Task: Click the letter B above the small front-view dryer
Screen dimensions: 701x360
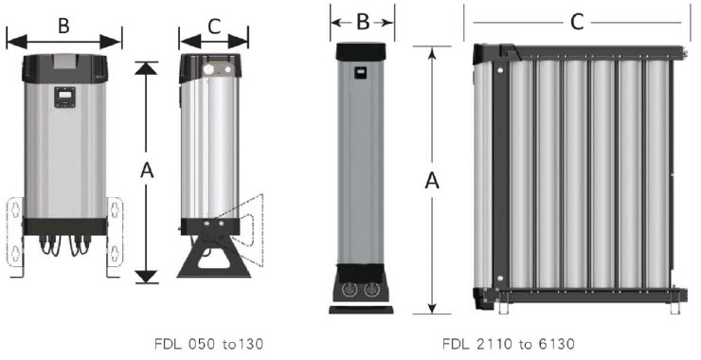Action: pos(63,26)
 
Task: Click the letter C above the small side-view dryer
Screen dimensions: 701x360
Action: pos(215,27)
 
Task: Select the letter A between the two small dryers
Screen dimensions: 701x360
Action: pos(147,170)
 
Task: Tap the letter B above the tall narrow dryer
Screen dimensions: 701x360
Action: pos(363,23)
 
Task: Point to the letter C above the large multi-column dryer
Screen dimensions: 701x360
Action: pos(577,22)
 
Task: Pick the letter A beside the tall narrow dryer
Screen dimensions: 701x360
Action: pos(432,181)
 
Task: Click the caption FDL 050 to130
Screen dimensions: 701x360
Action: pos(208,344)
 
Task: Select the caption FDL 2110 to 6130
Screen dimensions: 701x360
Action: pos(509,344)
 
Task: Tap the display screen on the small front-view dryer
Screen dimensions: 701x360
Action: pos(64,97)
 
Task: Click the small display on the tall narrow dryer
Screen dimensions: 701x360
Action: pos(361,72)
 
